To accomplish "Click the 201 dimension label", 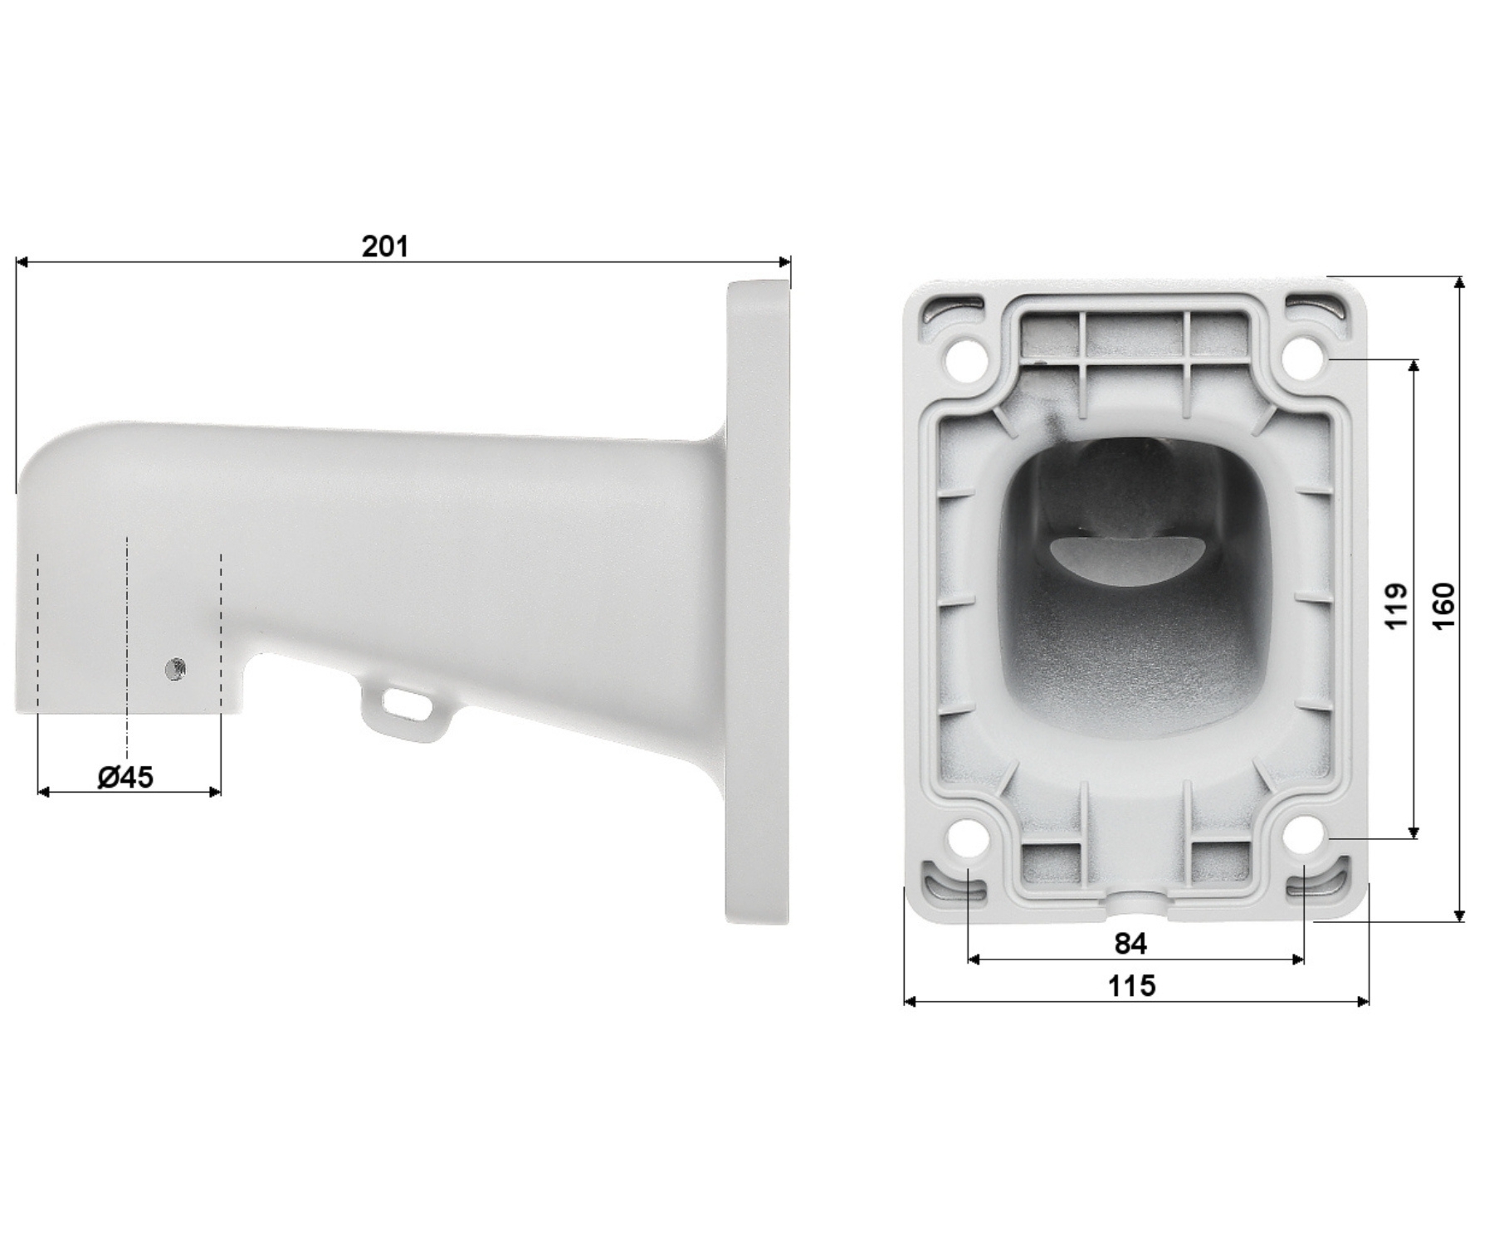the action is pyautogui.click(x=385, y=247).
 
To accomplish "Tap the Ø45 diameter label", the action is pyautogui.click(x=125, y=777).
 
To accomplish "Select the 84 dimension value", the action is pyautogui.click(x=1130, y=943).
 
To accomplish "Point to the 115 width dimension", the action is pyautogui.click(x=1131, y=985).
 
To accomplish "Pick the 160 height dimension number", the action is pyautogui.click(x=1443, y=605).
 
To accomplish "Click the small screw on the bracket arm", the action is pyautogui.click(x=175, y=668).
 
